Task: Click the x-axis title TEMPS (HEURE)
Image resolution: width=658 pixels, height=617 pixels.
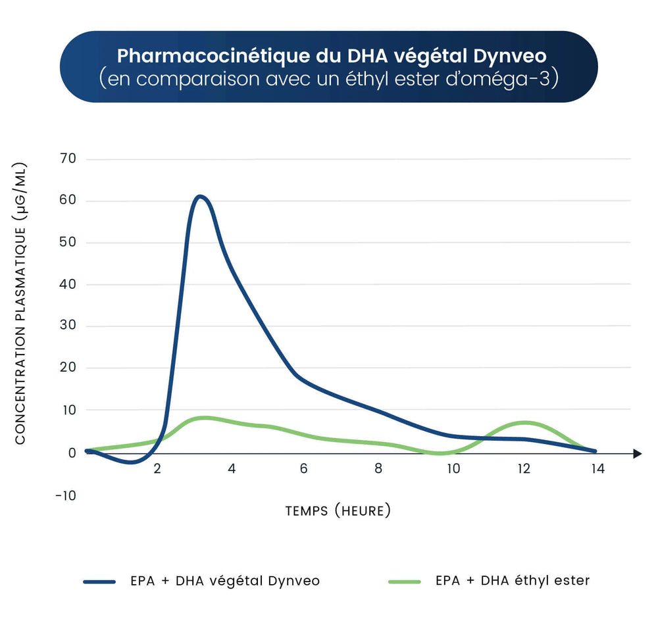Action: click(338, 510)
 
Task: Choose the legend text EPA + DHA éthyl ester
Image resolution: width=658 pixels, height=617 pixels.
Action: click(513, 581)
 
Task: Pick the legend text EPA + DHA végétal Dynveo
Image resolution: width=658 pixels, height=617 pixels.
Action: click(224, 581)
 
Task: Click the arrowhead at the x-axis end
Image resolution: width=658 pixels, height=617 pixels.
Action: click(636, 453)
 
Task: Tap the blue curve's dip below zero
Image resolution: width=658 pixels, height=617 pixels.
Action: click(131, 462)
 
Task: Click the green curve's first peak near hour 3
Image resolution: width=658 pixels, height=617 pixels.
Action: click(205, 417)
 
